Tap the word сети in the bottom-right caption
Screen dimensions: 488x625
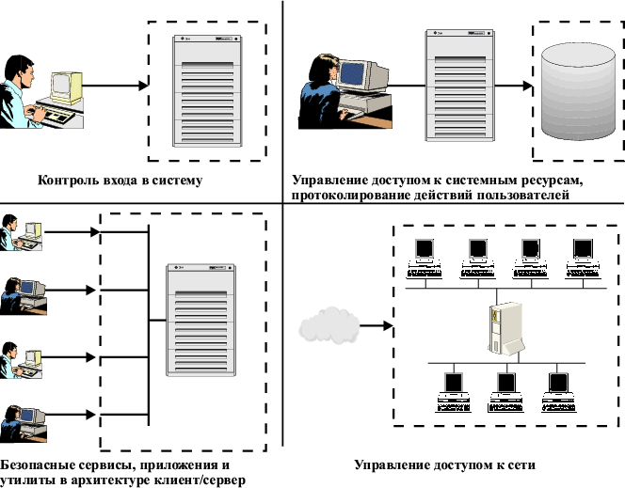click(x=520, y=465)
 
